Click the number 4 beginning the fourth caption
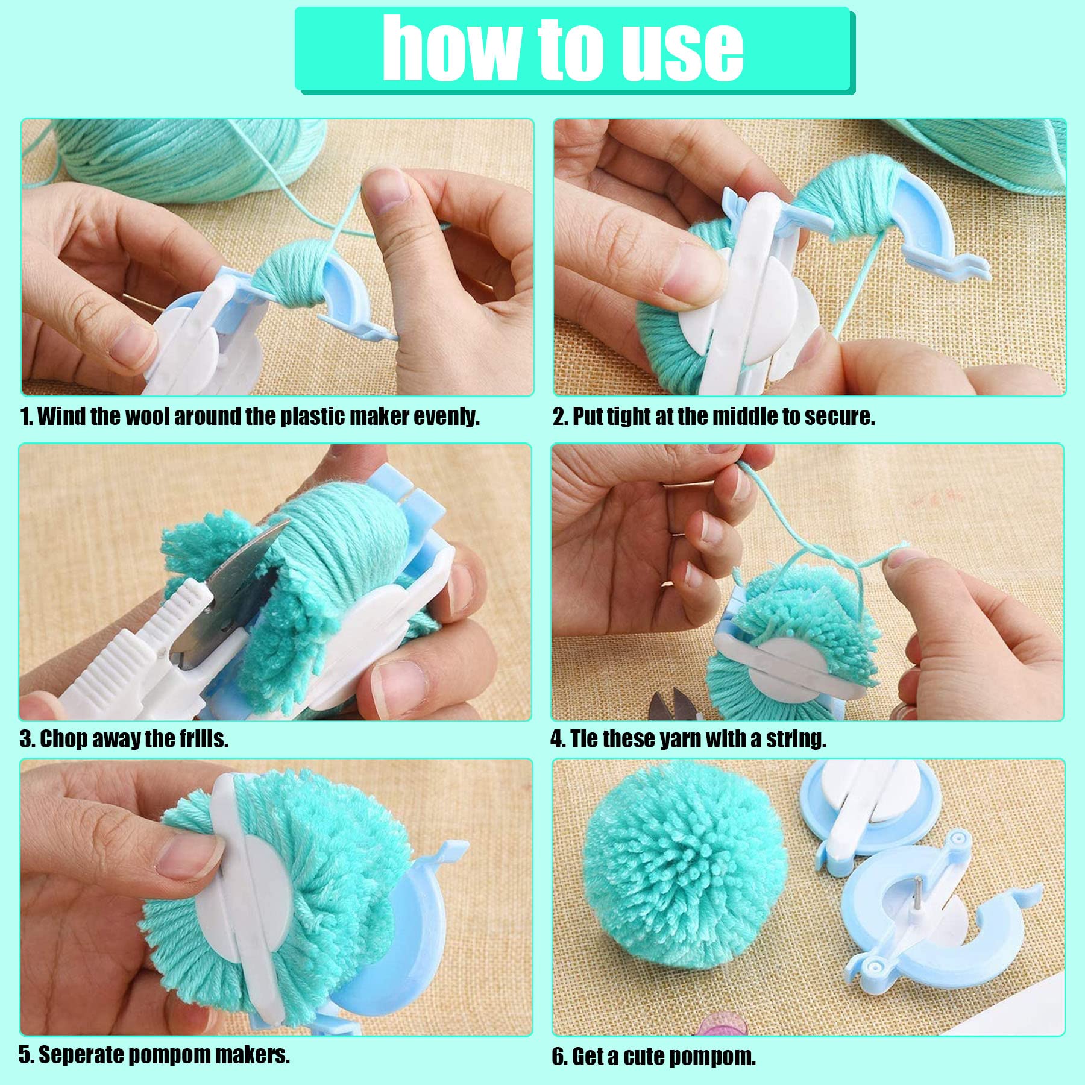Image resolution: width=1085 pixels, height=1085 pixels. point(556,738)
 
